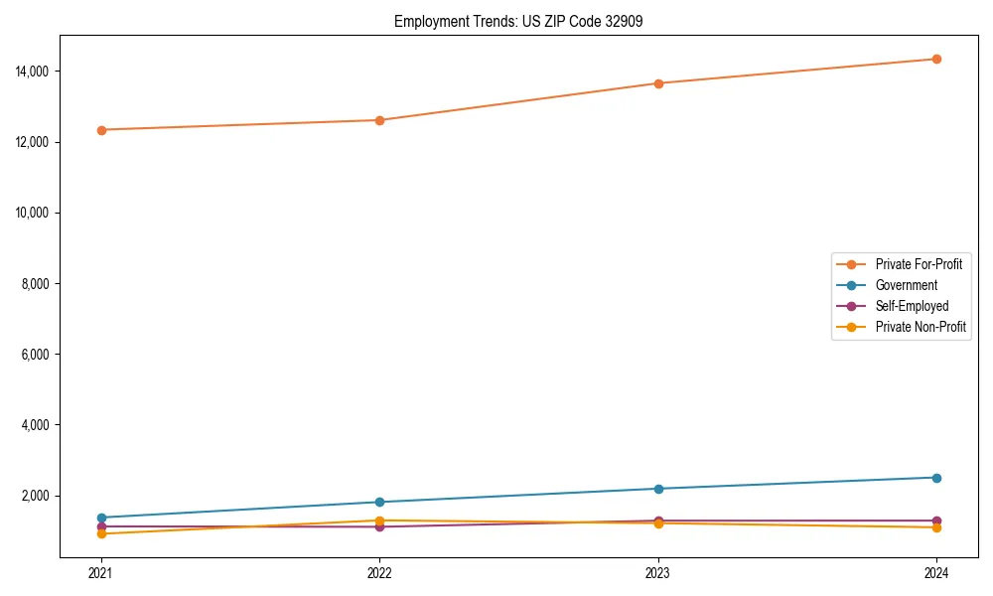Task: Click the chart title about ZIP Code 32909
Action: click(x=517, y=21)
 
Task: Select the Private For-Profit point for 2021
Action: click(x=101, y=130)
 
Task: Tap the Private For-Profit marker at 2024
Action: click(x=936, y=59)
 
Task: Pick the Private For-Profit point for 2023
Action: click(x=658, y=83)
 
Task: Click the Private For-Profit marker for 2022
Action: click(x=379, y=120)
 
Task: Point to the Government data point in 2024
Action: click(x=936, y=478)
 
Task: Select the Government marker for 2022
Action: click(x=379, y=502)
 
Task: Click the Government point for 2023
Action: click(x=658, y=489)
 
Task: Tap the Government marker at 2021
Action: click(x=101, y=518)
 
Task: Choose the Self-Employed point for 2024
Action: click(x=936, y=521)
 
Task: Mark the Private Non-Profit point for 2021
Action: click(x=101, y=533)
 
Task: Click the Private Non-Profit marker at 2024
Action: click(x=936, y=527)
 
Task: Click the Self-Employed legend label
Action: click(x=912, y=306)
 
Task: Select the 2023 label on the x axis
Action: click(x=658, y=572)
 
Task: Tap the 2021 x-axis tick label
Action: click(x=101, y=572)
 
